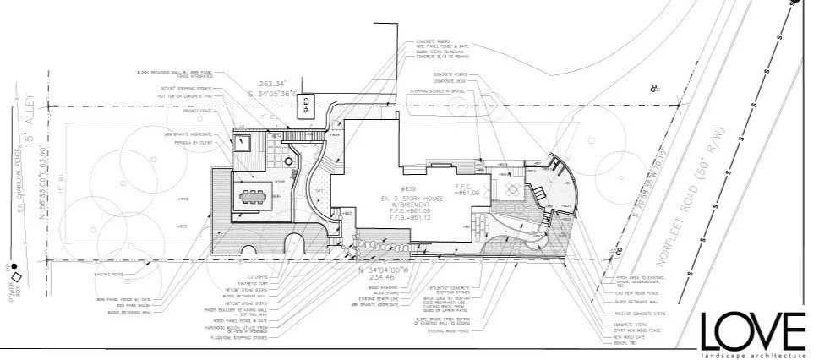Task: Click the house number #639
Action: [x=409, y=188]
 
